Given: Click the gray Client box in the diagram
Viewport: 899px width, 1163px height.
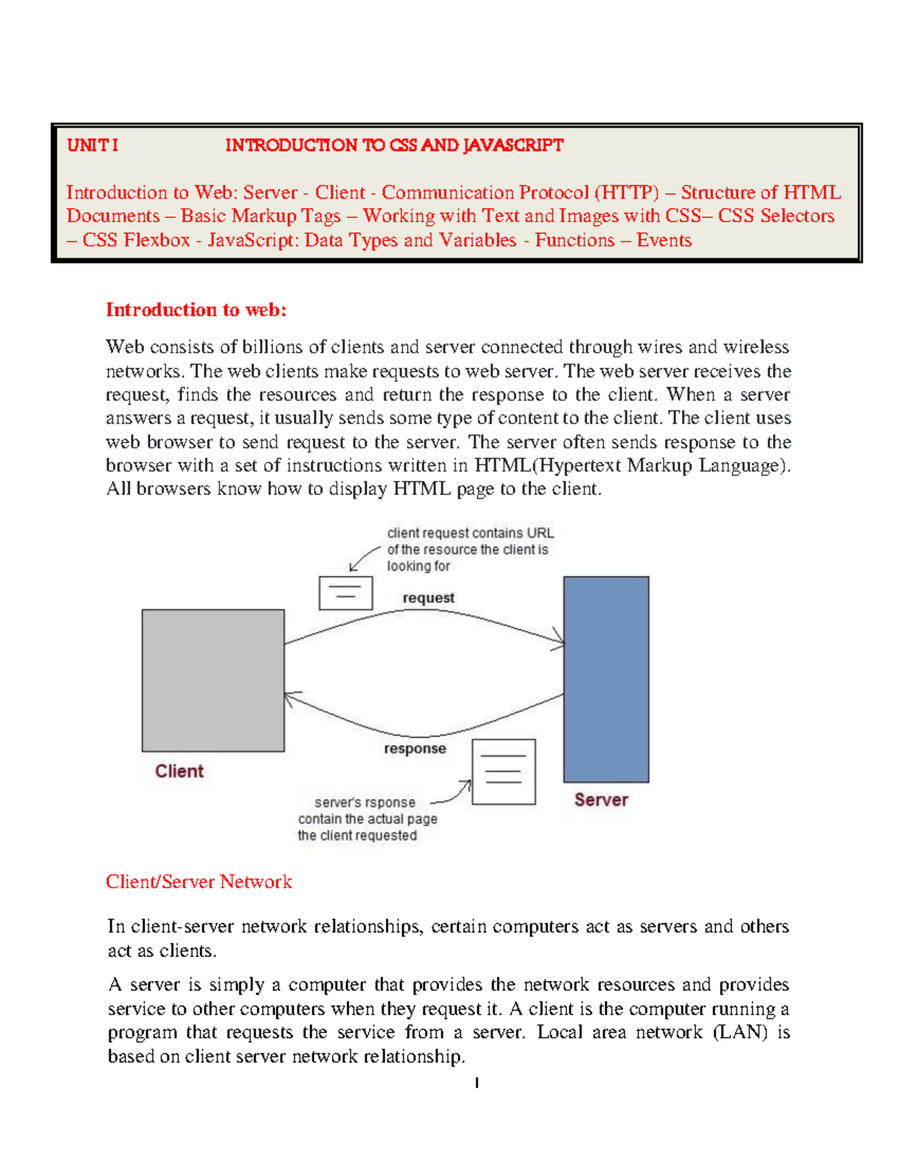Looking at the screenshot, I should (x=213, y=680).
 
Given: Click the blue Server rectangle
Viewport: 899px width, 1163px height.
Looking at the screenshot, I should (x=605, y=679).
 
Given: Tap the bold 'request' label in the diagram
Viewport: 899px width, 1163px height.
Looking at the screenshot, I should (x=429, y=598).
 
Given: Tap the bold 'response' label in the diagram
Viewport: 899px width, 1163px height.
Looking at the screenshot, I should (x=415, y=749).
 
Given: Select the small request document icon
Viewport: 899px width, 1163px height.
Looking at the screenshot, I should (x=345, y=593).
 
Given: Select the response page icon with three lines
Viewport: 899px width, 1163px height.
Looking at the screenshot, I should (x=503, y=772).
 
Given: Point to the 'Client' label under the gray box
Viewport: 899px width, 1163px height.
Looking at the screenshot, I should (x=179, y=771).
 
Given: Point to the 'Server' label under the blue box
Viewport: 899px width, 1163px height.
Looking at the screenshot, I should (x=601, y=800).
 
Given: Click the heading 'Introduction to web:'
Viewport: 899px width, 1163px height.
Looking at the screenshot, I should (x=196, y=310).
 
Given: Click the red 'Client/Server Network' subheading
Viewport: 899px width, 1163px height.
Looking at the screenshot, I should (x=199, y=882).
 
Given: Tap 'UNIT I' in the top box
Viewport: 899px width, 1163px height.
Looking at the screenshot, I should (x=92, y=145).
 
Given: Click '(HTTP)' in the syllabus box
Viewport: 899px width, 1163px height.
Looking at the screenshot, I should (x=627, y=192).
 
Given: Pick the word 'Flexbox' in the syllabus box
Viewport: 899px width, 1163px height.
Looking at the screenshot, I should (x=157, y=240).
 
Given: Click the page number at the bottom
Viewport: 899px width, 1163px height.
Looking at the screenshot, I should (x=476, y=1083).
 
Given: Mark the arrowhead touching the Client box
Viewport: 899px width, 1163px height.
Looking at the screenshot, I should (x=290, y=698).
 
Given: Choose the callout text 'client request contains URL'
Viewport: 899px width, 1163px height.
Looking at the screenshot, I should (x=470, y=533).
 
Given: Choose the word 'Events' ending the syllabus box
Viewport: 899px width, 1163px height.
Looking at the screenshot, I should (x=664, y=240).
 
